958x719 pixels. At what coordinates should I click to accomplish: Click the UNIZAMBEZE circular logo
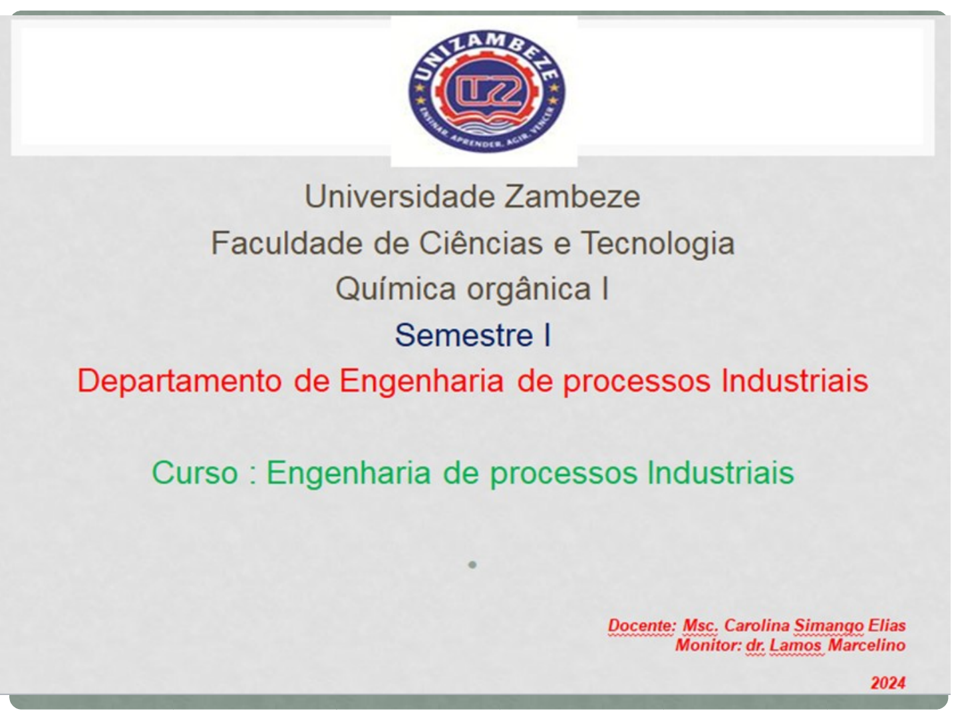coord(486,91)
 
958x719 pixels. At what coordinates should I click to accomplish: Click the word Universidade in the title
coord(400,196)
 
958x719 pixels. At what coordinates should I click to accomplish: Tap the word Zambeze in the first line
coord(573,196)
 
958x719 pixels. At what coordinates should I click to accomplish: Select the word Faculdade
coord(287,243)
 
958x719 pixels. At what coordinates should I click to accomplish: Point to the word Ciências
coord(481,243)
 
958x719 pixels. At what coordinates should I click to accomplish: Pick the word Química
coord(396,289)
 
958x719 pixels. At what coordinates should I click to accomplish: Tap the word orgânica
coord(528,290)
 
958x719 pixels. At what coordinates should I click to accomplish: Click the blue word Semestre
coord(464,336)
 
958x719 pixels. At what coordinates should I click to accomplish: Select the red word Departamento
coord(180,381)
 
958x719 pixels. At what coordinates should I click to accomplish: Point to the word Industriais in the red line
coord(794,381)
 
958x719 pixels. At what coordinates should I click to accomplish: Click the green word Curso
coord(195,473)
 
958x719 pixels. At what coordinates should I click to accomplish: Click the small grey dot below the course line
coord(472,565)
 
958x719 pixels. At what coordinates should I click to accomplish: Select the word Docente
coord(642,625)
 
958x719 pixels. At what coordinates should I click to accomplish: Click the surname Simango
coord(828,626)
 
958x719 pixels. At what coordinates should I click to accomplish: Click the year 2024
coord(888,683)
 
